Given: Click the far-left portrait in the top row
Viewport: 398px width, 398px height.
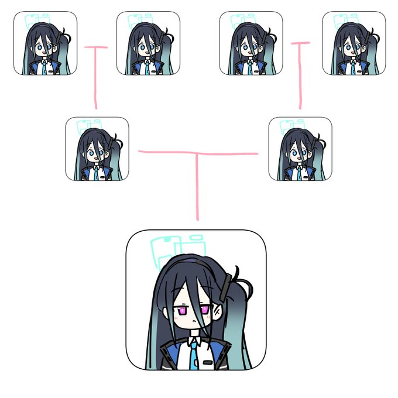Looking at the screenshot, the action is click(x=45, y=43).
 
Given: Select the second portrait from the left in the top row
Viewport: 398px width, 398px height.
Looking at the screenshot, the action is click(x=148, y=43).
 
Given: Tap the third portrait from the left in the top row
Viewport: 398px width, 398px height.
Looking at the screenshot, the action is click(x=251, y=43).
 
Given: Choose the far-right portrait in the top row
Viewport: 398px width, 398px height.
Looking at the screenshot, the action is click(x=354, y=43).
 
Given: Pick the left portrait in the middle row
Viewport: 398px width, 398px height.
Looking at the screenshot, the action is click(x=97, y=149).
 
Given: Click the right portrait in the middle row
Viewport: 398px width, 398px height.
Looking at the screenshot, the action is click(x=300, y=149).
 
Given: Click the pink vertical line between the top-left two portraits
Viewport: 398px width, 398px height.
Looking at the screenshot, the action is click(x=95, y=79).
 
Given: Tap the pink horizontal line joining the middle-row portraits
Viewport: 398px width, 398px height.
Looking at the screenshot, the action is click(x=197, y=153).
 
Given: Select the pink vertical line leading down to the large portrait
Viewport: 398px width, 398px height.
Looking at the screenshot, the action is click(x=197, y=187).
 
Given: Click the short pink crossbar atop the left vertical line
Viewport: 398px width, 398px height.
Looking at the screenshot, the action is click(x=96, y=47).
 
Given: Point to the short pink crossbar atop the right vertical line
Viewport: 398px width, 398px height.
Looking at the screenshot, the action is click(x=300, y=43).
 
